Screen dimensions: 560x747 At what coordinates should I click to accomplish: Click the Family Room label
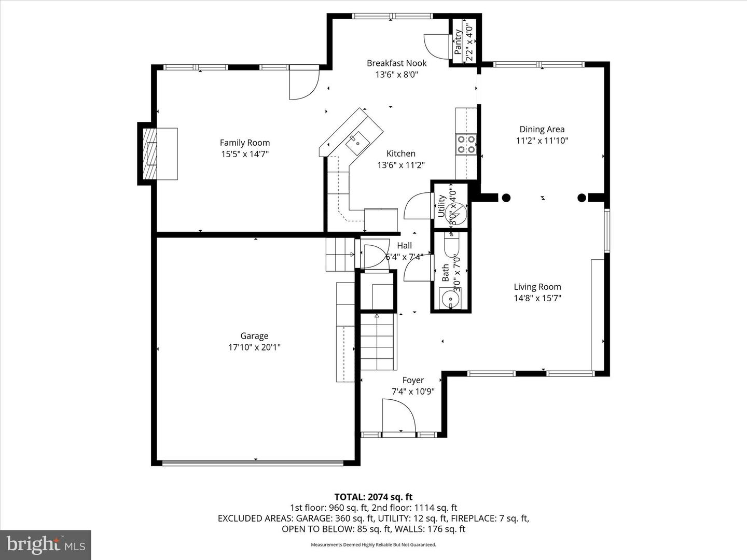(244, 143)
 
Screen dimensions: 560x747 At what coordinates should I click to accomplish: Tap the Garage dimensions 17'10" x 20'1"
(254, 347)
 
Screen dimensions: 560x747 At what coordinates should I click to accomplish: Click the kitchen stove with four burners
(466, 144)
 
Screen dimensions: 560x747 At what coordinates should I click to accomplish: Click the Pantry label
(458, 41)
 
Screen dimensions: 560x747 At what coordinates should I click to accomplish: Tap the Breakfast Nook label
(397, 63)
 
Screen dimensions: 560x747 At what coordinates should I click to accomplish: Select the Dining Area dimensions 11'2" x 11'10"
(542, 141)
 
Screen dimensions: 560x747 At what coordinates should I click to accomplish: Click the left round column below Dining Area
(506, 198)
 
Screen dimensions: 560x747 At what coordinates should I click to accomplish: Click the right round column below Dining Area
(582, 198)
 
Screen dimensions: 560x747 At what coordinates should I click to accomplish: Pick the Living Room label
(537, 287)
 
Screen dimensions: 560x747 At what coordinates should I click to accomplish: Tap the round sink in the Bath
(449, 300)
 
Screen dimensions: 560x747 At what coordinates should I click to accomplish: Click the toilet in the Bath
(451, 246)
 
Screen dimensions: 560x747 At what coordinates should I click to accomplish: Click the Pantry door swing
(436, 47)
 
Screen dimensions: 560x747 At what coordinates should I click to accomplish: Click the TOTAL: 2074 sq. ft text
(373, 497)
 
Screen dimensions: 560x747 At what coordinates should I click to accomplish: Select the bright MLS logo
(46, 544)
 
